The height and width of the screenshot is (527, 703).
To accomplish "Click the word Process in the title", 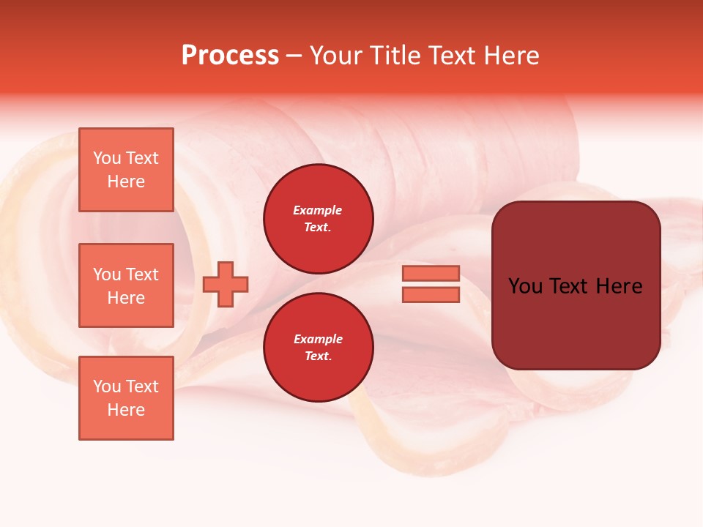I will tap(230, 56).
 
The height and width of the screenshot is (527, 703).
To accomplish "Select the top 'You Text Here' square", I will tap(126, 170).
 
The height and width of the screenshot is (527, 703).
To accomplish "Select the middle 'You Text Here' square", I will tap(126, 285).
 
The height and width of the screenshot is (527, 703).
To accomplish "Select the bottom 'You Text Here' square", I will tap(126, 398).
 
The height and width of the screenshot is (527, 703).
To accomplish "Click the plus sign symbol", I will tap(226, 285).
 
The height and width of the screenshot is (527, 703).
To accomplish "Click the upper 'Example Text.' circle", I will tap(319, 219).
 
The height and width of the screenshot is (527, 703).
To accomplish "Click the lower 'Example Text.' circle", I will tap(319, 348).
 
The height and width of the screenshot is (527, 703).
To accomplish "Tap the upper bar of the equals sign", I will tap(431, 273).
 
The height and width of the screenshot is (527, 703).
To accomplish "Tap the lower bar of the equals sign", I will tap(431, 295).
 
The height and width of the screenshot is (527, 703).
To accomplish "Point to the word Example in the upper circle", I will tap(318, 210).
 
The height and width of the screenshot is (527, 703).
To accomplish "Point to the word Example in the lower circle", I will tap(318, 339).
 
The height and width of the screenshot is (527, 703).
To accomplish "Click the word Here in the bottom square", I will tap(126, 410).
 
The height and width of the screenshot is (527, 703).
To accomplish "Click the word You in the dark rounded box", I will tap(525, 286).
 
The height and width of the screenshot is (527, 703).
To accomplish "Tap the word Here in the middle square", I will tap(126, 298).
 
